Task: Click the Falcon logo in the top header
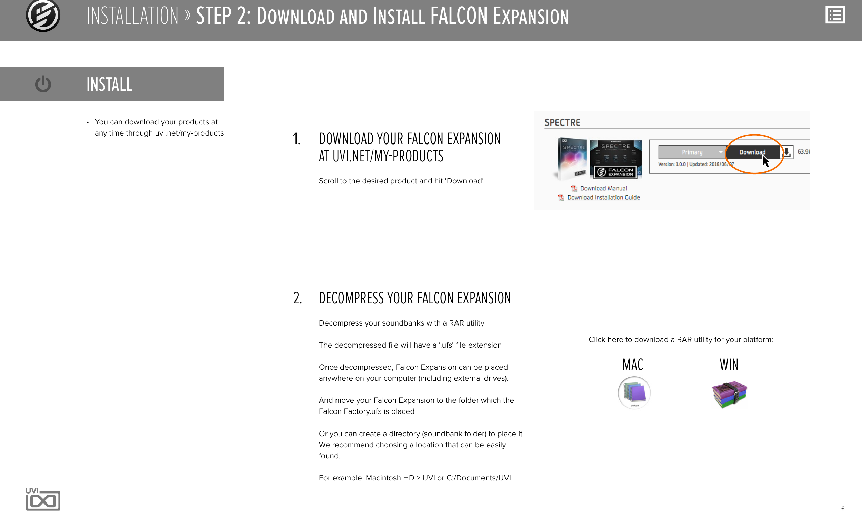tap(43, 16)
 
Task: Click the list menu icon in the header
tap(835, 16)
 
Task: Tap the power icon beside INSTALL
tap(43, 84)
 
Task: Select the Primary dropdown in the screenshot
tap(691, 152)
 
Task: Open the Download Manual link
tap(603, 188)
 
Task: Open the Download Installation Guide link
tap(603, 197)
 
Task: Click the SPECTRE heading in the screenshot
tap(562, 122)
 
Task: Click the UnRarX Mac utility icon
tap(634, 392)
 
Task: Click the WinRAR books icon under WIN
tap(729, 394)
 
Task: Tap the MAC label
tap(632, 365)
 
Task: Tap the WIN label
tap(729, 365)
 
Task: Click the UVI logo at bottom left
tap(43, 499)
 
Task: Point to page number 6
tap(843, 508)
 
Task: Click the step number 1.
tap(296, 139)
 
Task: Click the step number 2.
tap(297, 298)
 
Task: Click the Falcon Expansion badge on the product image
tap(615, 172)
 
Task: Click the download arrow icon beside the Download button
tap(787, 152)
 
